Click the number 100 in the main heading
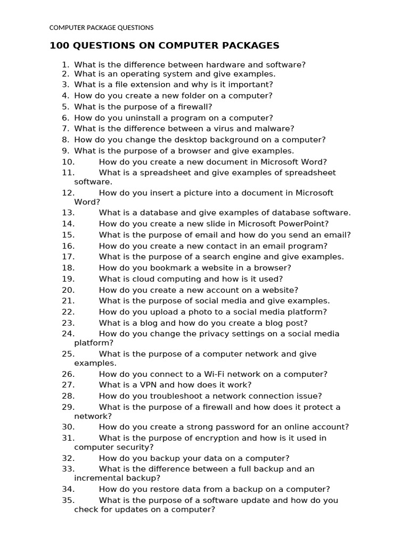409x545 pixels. pyautogui.click(x=59, y=46)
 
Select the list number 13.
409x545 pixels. pyautogui.click(x=68, y=213)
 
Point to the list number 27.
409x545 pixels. pyautogui.click(x=68, y=385)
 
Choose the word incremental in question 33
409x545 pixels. pyautogui.click(x=96, y=478)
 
